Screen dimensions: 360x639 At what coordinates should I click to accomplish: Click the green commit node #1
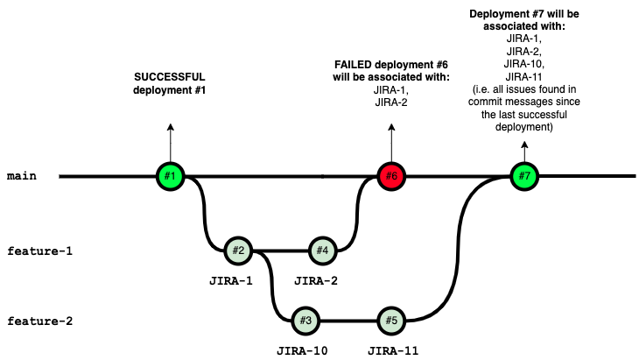170,176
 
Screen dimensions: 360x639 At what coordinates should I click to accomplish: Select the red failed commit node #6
391,176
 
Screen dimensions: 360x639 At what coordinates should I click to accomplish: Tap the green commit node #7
524,176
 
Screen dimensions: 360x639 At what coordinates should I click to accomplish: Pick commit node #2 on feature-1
237,251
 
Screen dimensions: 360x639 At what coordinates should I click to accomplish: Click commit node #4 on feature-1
322,251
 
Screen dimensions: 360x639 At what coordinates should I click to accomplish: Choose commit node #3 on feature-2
305,320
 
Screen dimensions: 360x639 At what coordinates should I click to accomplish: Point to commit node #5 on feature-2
391,320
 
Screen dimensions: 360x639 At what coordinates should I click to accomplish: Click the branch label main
21,176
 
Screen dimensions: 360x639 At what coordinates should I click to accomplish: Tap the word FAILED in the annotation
354,66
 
